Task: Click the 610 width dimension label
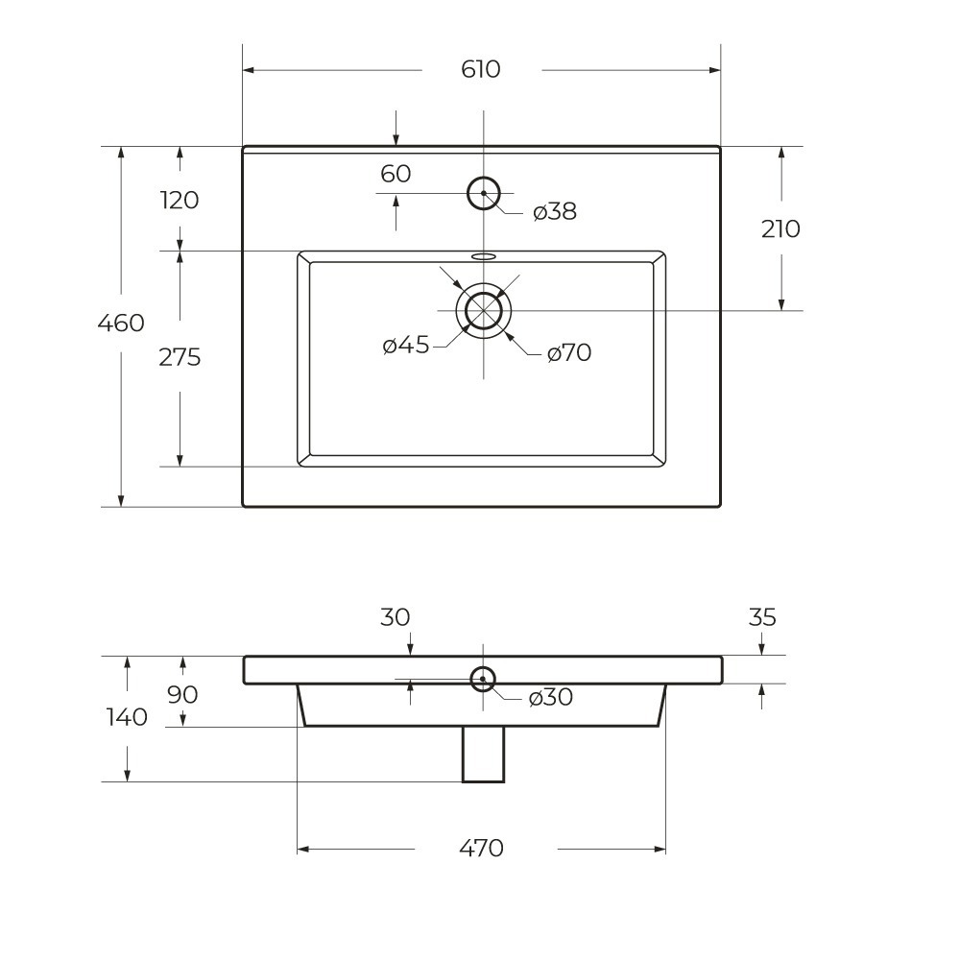pos(481,69)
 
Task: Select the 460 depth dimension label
pos(121,323)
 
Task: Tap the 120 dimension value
pos(180,201)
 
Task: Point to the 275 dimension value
pos(180,357)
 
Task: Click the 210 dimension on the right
pos(780,229)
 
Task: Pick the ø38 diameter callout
pos(555,211)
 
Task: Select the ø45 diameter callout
pos(406,346)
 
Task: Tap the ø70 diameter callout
pos(568,352)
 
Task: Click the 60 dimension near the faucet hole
pos(396,174)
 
